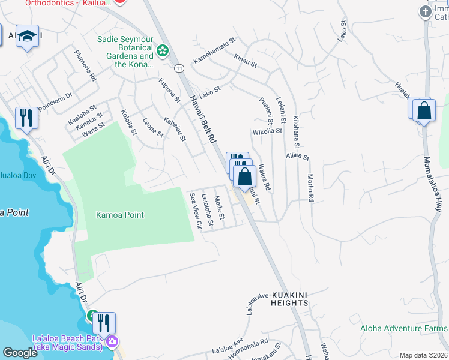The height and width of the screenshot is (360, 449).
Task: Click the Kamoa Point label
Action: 120,215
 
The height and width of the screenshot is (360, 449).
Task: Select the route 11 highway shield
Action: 179,68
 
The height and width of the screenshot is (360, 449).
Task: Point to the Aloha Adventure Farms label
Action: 403,328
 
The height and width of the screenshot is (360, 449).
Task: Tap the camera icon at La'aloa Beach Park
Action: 112,342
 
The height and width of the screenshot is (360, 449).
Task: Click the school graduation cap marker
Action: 27,37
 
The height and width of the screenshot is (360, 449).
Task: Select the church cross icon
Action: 425,11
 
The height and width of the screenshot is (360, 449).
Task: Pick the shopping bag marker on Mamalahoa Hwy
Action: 424,111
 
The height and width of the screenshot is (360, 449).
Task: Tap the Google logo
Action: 20,353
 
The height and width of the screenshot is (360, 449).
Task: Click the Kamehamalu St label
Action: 214,52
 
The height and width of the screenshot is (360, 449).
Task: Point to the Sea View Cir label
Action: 195,210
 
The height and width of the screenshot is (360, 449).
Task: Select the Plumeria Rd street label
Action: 85,65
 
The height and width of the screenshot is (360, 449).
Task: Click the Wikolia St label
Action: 267,131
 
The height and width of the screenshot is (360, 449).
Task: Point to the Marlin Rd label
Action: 310,188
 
